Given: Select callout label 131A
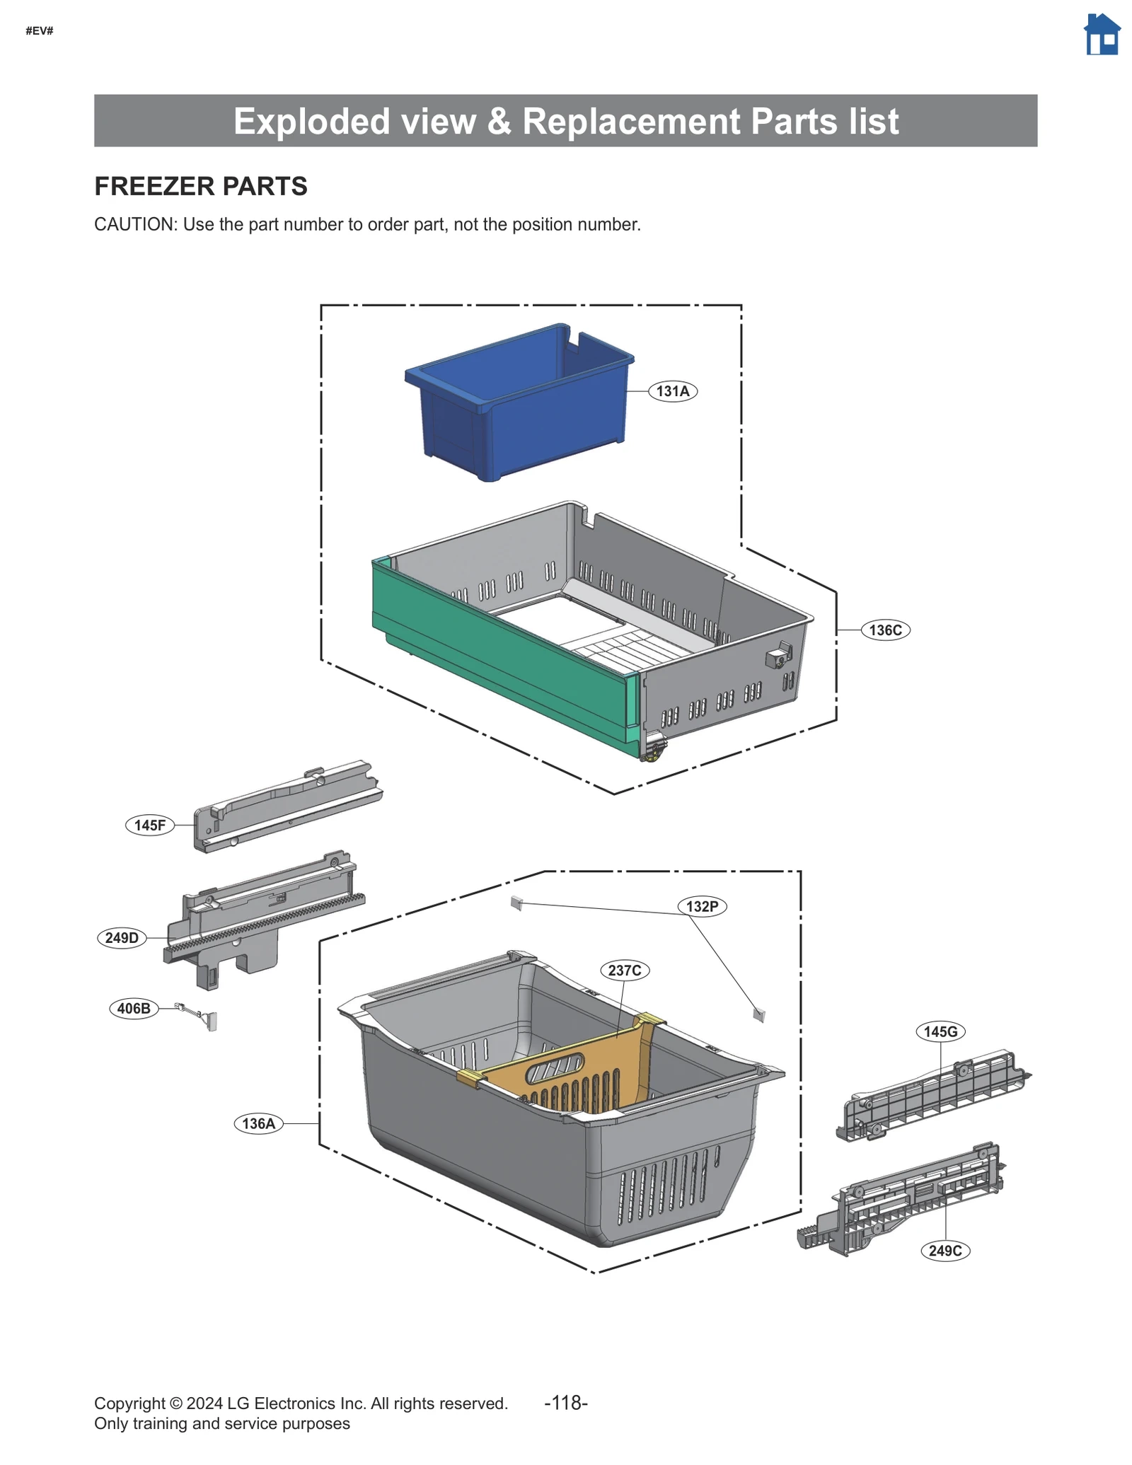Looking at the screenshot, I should click(x=672, y=391).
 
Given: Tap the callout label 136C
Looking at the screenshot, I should click(x=884, y=630).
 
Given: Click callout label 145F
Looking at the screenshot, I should click(x=149, y=825).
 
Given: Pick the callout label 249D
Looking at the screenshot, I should click(x=122, y=938).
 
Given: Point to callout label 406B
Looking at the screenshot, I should click(x=134, y=1008).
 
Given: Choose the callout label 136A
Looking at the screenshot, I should click(x=258, y=1123).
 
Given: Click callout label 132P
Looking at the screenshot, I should click(x=702, y=906).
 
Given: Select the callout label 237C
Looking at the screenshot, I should click(x=624, y=970).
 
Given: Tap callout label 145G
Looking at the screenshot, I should click(x=940, y=1031).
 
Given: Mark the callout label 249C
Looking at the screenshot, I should click(x=945, y=1251).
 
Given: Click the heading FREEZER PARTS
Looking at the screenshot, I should click(x=201, y=186).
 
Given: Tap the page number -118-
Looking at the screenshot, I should click(x=565, y=1402).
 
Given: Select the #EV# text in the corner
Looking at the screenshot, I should click(x=40, y=30).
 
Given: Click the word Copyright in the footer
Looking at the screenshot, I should click(x=129, y=1403).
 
